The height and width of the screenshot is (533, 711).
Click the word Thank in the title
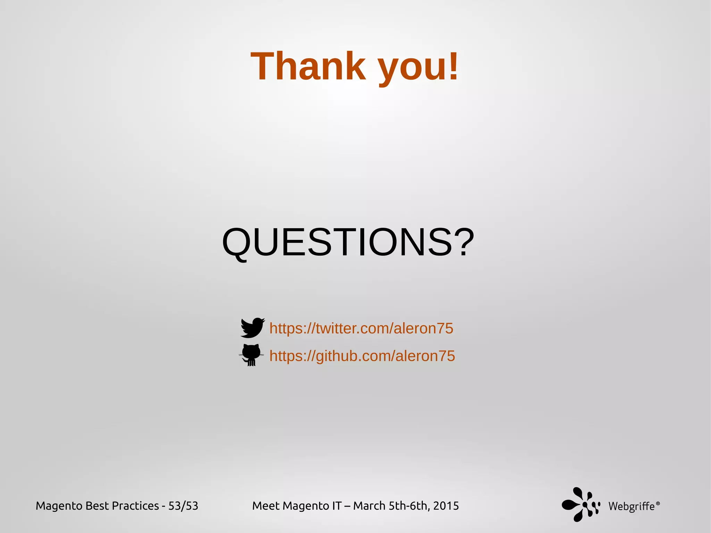click(x=308, y=66)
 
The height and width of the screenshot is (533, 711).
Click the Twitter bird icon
click(x=252, y=327)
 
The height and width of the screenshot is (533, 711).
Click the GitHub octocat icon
click(x=251, y=355)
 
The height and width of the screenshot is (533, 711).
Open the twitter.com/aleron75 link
click(x=361, y=328)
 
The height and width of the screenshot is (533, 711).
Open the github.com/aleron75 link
click(x=362, y=356)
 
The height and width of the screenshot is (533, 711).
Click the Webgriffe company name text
click(x=631, y=507)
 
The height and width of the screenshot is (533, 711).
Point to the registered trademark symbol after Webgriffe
click(x=658, y=503)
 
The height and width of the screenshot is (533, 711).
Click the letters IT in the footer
click(x=337, y=506)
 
